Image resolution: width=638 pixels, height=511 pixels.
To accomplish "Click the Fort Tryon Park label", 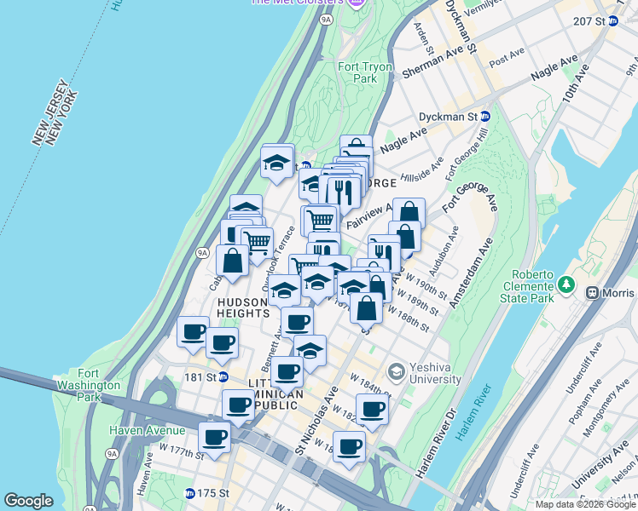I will point(364,72).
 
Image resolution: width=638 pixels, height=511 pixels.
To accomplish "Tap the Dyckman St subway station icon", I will point(485,116).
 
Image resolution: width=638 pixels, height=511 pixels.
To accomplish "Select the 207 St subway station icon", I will point(612,21).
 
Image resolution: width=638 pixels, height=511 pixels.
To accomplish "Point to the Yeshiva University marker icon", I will point(396,371).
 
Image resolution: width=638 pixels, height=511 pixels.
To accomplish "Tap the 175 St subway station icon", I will point(189,493).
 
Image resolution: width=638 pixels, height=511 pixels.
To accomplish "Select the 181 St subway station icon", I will point(223,376).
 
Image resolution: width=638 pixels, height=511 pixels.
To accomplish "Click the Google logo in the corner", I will point(28,501).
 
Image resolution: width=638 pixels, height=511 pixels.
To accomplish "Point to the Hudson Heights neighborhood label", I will point(243,307).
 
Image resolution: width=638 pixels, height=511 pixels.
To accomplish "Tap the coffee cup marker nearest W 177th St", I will point(215,439).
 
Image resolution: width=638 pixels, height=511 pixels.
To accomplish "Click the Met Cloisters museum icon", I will point(356,3).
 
